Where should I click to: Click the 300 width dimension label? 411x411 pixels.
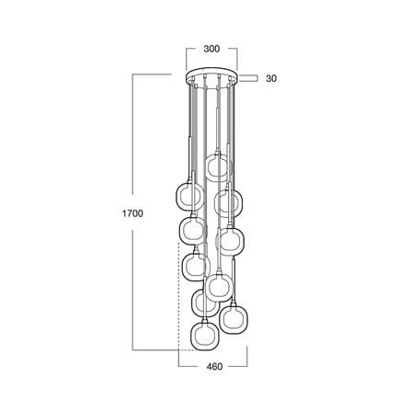click(x=211, y=49)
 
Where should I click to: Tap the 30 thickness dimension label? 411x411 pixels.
click(x=271, y=78)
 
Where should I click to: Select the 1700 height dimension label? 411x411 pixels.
click(x=132, y=213)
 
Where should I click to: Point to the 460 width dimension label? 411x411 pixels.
click(x=214, y=366)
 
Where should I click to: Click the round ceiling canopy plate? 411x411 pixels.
click(x=211, y=75)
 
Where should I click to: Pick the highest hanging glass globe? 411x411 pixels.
click(x=219, y=167)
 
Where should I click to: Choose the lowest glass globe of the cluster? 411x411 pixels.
click(x=204, y=335)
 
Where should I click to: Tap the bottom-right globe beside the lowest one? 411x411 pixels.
click(x=234, y=319)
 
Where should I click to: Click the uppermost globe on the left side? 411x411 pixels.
click(x=190, y=197)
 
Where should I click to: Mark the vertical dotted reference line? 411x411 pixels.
click(x=178, y=295)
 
